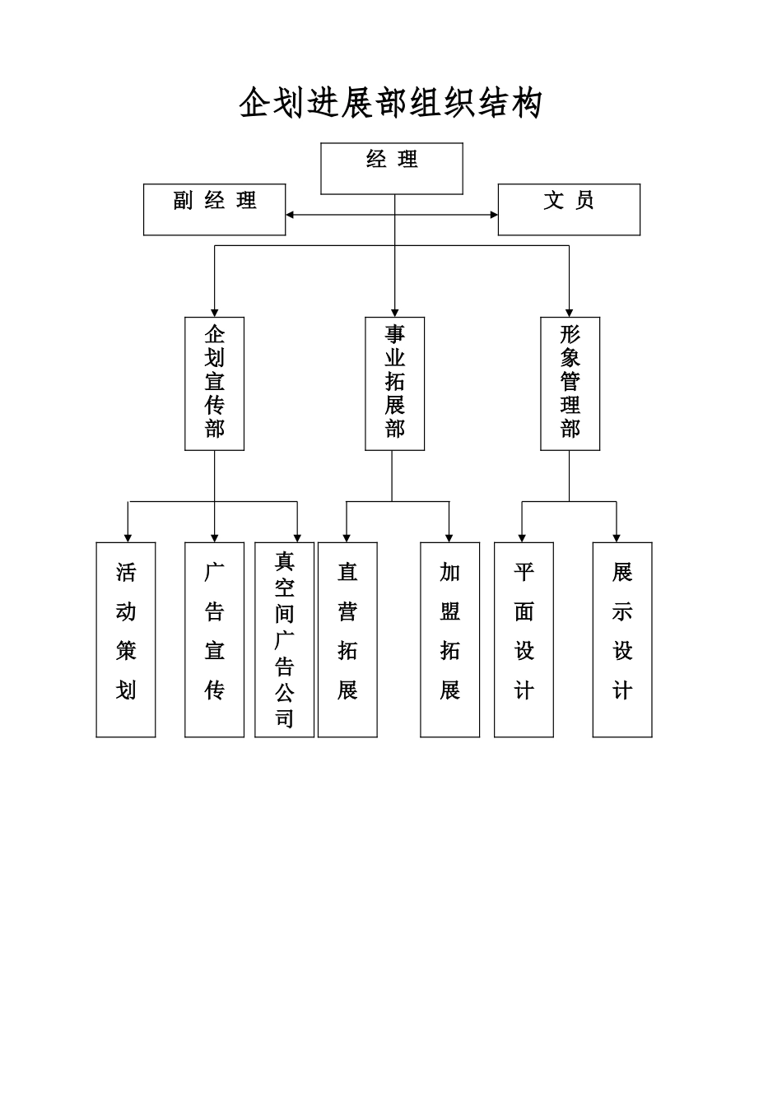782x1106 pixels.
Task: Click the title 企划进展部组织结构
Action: [x=391, y=103]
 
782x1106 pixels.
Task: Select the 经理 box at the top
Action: [x=392, y=169]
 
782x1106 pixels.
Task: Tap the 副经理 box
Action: [x=214, y=210]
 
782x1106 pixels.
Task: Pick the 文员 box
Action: [x=569, y=210]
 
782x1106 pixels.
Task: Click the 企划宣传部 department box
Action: [x=214, y=383]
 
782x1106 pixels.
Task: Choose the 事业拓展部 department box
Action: [x=395, y=383]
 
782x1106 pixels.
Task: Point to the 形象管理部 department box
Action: [x=570, y=383]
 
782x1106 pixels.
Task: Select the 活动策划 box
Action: [x=126, y=640]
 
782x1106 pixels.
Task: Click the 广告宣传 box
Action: [x=214, y=640]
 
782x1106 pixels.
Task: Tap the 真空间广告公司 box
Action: [x=285, y=640]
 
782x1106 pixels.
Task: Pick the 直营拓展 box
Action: [x=347, y=640]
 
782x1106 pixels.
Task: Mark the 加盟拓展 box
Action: [x=450, y=640]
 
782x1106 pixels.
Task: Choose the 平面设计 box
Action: [x=524, y=640]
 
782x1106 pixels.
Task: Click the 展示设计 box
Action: [x=622, y=640]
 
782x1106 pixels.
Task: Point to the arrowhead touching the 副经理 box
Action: [x=290, y=215]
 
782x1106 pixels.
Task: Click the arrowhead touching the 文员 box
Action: [x=494, y=215]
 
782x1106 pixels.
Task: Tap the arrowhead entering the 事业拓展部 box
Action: [x=395, y=313]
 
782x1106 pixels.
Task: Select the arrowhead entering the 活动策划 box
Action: [x=128, y=538]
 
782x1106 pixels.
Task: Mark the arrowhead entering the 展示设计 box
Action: [x=617, y=538]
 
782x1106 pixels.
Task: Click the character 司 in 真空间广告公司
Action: [x=285, y=718]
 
